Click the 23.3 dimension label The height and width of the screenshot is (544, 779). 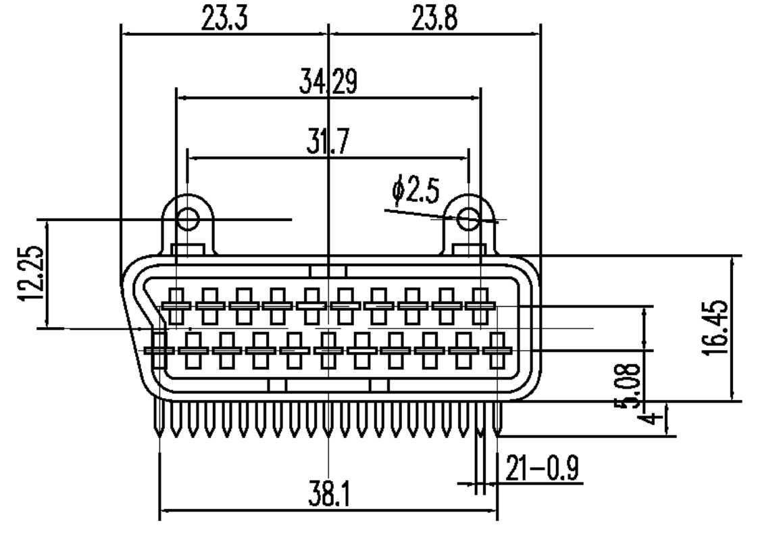coord(224,18)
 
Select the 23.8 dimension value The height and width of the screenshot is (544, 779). coord(434,18)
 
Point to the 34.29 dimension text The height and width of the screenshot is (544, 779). coord(328,81)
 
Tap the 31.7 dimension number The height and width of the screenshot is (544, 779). coord(328,141)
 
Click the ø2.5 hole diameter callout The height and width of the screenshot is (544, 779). coord(416,191)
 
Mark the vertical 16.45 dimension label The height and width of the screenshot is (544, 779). coord(716,327)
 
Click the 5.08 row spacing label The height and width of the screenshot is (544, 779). coord(628,386)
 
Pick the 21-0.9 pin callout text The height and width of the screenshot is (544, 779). coord(543,468)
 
